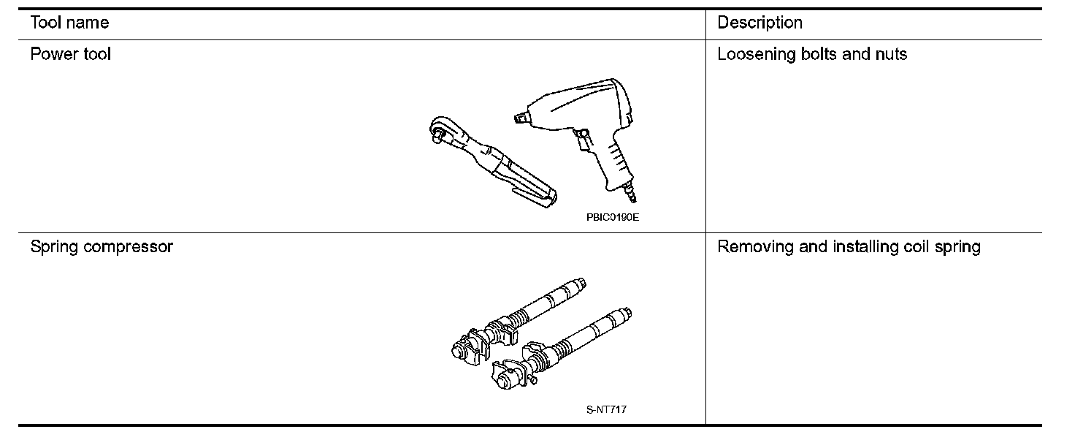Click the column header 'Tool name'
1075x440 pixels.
(x=69, y=23)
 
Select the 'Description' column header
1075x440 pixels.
(x=760, y=23)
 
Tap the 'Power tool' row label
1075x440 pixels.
(x=71, y=54)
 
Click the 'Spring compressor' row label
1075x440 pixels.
(x=102, y=247)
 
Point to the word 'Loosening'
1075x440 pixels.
(x=752, y=54)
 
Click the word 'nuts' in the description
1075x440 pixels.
(x=891, y=54)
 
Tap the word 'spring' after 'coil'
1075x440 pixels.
(x=957, y=247)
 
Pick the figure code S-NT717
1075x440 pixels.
(x=606, y=410)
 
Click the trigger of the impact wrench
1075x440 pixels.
(x=582, y=136)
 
